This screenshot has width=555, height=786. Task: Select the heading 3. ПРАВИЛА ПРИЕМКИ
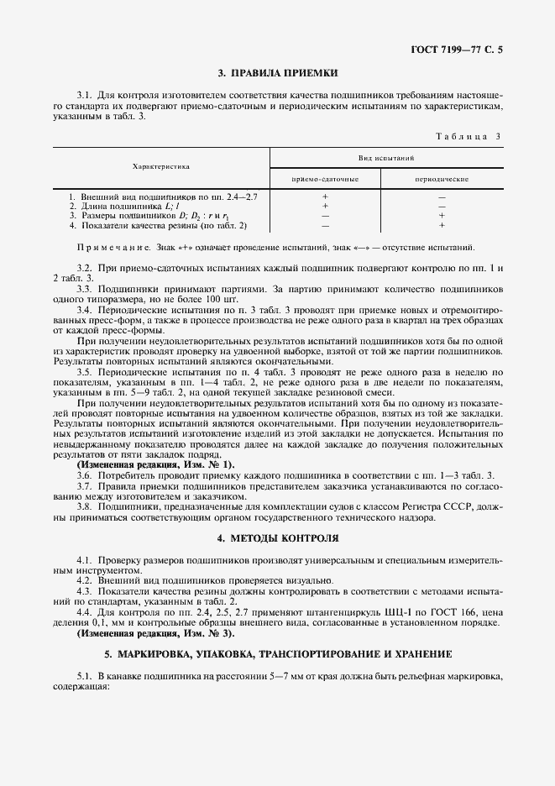coord(277,73)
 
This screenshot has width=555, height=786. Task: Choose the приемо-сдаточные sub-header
coord(325,180)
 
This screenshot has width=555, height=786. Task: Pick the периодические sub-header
coord(442,180)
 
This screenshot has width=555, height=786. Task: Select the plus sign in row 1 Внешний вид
coord(325,196)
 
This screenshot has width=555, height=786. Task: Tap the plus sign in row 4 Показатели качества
coord(442,225)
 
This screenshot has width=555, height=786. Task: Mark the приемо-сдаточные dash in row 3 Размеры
coord(325,216)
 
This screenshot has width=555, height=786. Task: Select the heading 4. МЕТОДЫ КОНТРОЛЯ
coord(277,537)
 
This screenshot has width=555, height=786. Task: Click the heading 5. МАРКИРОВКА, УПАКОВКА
coord(277,652)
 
